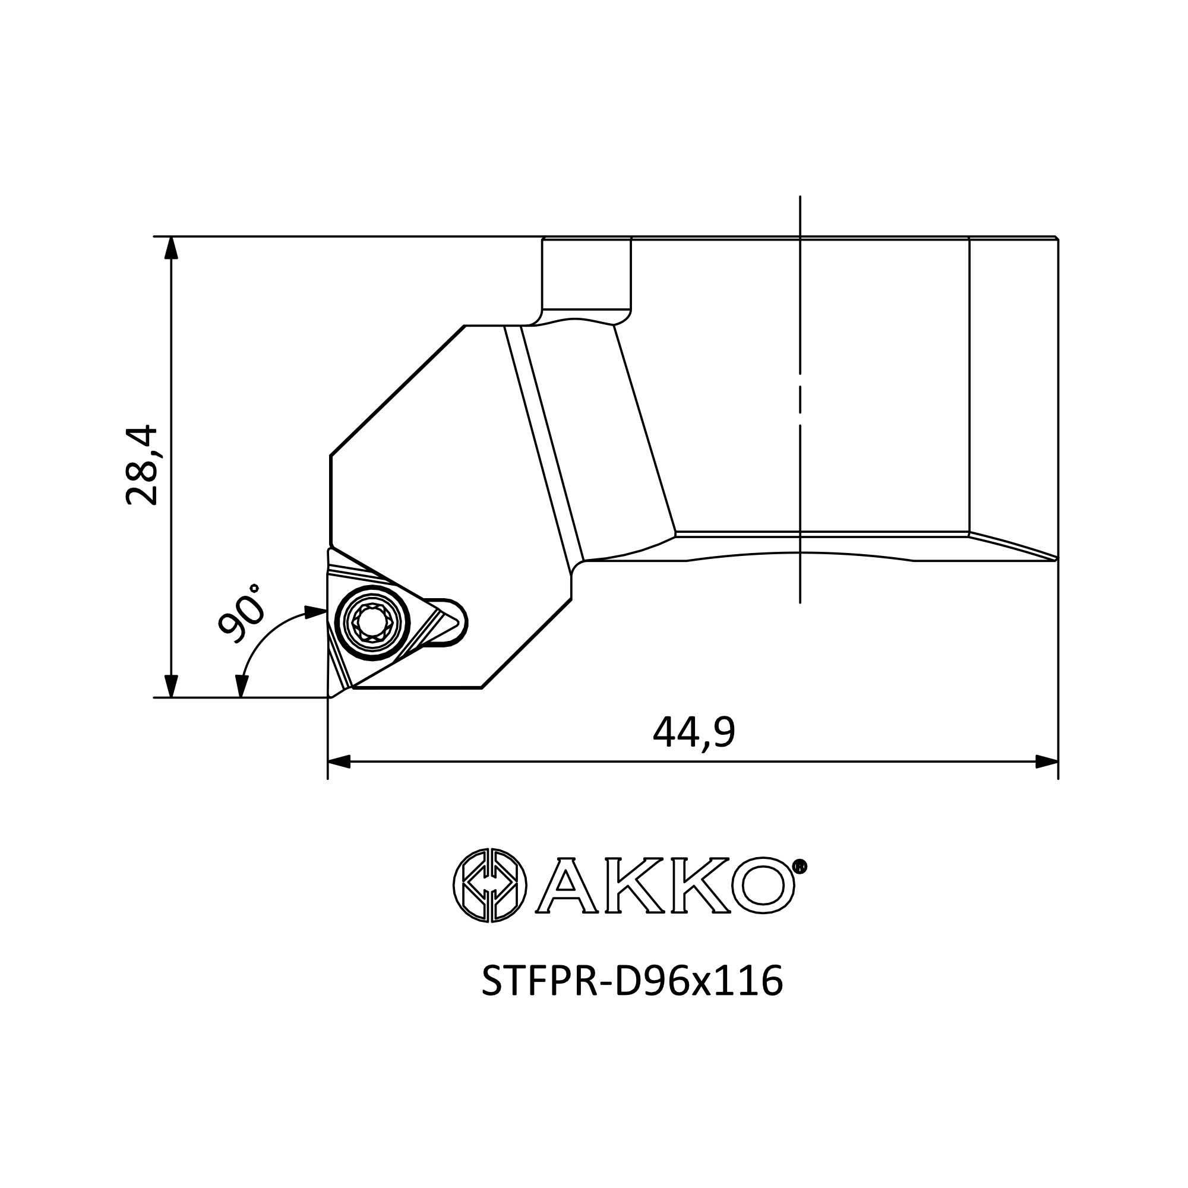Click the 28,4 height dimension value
tap(142, 465)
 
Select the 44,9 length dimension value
tap(694, 732)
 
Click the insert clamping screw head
tap(374, 623)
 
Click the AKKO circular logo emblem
tap(490, 886)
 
